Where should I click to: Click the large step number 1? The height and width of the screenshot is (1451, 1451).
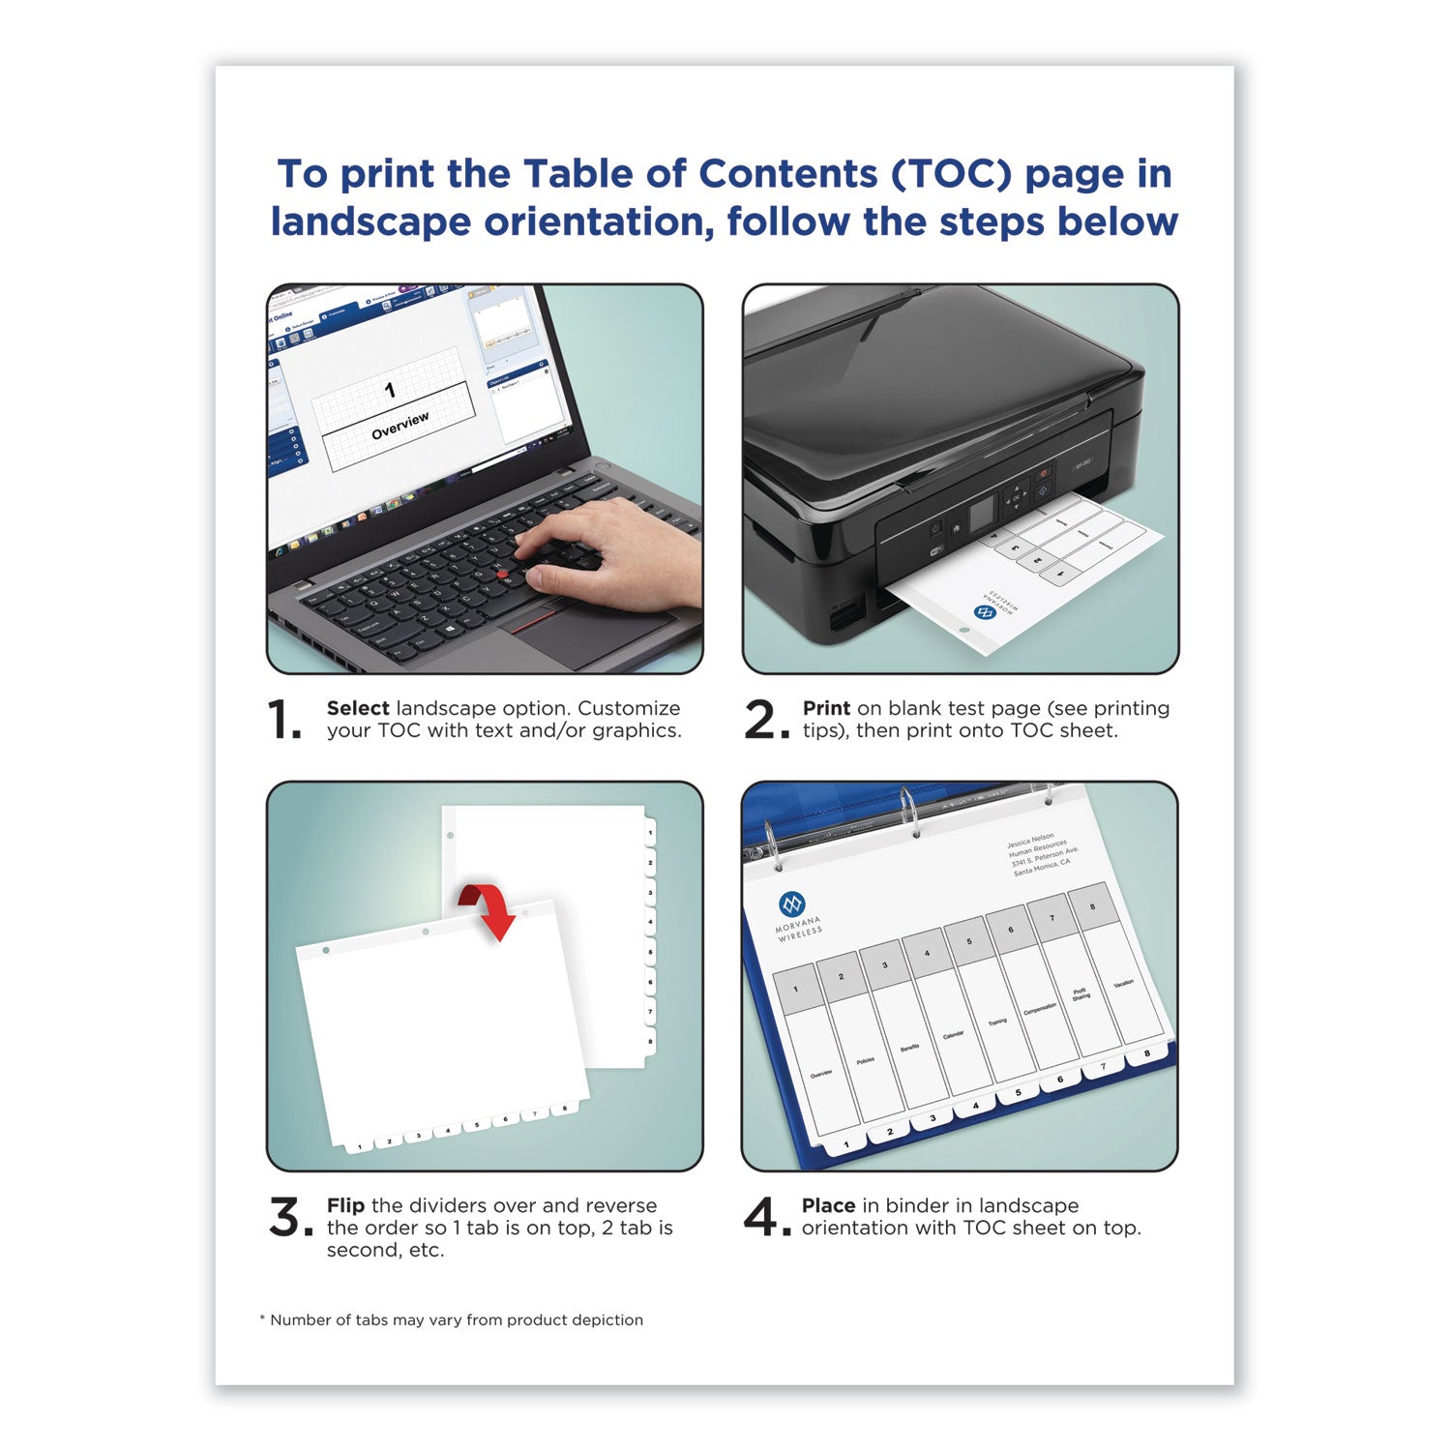click(283, 721)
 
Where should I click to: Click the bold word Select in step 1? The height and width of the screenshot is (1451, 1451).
click(358, 708)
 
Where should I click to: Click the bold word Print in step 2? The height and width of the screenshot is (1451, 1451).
click(826, 708)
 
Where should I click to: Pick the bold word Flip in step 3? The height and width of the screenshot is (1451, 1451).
click(345, 1205)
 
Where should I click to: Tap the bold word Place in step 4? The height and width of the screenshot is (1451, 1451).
click(828, 1205)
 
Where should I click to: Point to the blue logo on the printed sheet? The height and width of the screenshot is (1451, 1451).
click(984, 612)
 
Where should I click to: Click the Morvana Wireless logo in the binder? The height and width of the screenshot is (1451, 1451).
click(792, 904)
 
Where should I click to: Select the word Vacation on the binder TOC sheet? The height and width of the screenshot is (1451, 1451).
click(1123, 984)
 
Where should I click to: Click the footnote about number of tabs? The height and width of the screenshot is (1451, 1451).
click(451, 1319)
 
